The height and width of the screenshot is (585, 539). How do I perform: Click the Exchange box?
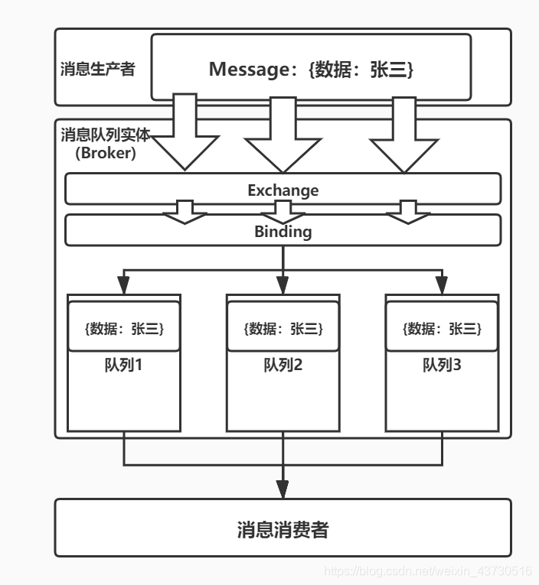(x=283, y=190)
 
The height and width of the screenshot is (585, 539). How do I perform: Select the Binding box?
(x=283, y=231)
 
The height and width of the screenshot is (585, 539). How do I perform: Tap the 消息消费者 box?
(x=283, y=528)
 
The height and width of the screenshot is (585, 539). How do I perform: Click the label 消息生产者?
(x=97, y=69)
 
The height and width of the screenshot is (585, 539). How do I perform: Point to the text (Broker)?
(x=106, y=153)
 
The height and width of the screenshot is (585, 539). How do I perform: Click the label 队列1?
(x=124, y=365)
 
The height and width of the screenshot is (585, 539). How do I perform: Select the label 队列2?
(x=283, y=365)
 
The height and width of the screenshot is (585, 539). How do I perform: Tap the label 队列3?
(x=442, y=365)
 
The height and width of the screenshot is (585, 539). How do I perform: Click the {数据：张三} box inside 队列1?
(x=124, y=329)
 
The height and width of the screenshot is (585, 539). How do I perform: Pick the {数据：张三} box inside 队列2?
(x=283, y=329)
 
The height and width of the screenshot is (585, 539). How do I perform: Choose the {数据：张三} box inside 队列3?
(x=442, y=329)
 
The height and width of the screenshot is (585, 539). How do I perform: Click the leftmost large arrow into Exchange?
(x=184, y=138)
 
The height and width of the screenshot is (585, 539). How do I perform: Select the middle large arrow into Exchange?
(x=283, y=138)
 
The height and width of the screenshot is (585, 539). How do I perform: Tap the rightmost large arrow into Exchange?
(x=399, y=138)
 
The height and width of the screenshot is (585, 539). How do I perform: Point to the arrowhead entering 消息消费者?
(x=283, y=489)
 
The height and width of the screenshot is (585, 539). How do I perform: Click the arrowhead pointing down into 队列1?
(x=124, y=286)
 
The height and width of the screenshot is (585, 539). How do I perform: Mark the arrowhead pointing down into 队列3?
(x=442, y=286)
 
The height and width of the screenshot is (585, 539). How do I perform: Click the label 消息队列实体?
(x=106, y=135)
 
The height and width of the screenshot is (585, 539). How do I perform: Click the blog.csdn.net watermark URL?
(x=428, y=570)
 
